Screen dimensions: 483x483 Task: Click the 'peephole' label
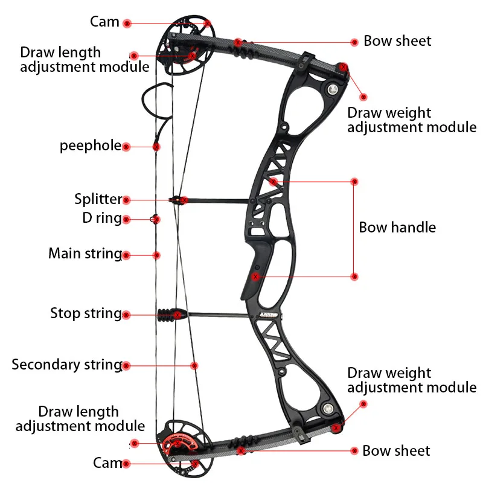tap(91, 146)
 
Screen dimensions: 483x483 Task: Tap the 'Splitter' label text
tap(98, 199)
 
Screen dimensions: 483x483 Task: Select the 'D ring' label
tap(102, 218)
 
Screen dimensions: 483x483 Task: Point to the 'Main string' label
tap(85, 254)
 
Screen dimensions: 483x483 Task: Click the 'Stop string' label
tap(86, 313)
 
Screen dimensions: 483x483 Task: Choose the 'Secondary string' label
tap(67, 365)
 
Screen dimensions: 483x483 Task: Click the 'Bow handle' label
tap(397, 228)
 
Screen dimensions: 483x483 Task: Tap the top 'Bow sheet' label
tap(397, 41)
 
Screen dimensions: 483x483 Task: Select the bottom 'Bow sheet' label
tap(396, 451)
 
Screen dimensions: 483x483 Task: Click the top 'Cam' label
tap(104, 22)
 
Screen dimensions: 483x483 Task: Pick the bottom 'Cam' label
tap(107, 463)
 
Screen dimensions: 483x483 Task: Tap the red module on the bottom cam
tap(178, 444)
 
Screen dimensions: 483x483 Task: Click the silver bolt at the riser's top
tap(333, 89)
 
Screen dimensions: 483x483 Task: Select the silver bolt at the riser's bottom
tap(328, 409)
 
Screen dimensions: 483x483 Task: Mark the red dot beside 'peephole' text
tap(126, 147)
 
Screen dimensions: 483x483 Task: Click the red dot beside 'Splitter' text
tap(126, 200)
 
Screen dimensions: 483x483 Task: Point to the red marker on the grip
tap(255, 277)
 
